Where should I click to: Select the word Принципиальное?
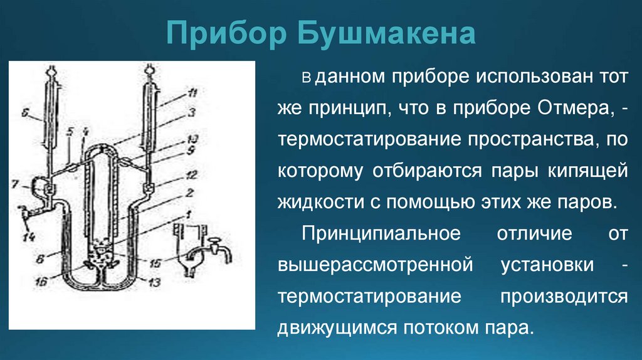[x=382, y=233]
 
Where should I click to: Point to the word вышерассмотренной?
[x=375, y=265]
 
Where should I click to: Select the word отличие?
[x=535, y=233]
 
